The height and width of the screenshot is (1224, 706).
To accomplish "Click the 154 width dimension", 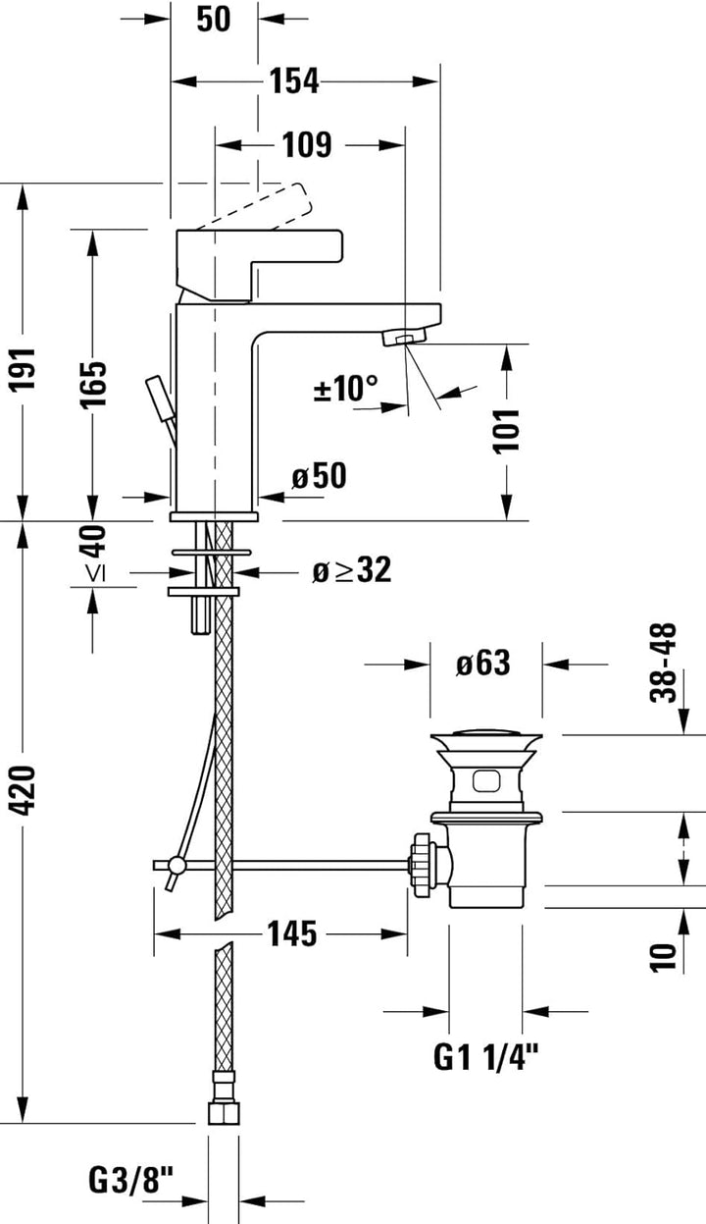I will tap(295, 82).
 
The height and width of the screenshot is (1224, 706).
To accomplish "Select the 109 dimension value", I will tap(307, 145).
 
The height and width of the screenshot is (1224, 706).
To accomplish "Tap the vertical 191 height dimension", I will tap(23, 368).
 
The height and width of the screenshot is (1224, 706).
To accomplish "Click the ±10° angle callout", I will tap(345, 388).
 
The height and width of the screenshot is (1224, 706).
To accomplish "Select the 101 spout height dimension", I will tap(506, 430).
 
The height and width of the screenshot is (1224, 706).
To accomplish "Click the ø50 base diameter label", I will tap(319, 477).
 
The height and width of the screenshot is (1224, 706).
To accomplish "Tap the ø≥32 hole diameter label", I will tap(351, 570).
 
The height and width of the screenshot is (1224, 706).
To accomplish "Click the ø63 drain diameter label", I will tap(482, 664).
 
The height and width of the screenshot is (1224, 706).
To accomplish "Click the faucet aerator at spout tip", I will tap(398, 339).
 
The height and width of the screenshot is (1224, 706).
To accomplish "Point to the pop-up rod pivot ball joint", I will tap(177, 865).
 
